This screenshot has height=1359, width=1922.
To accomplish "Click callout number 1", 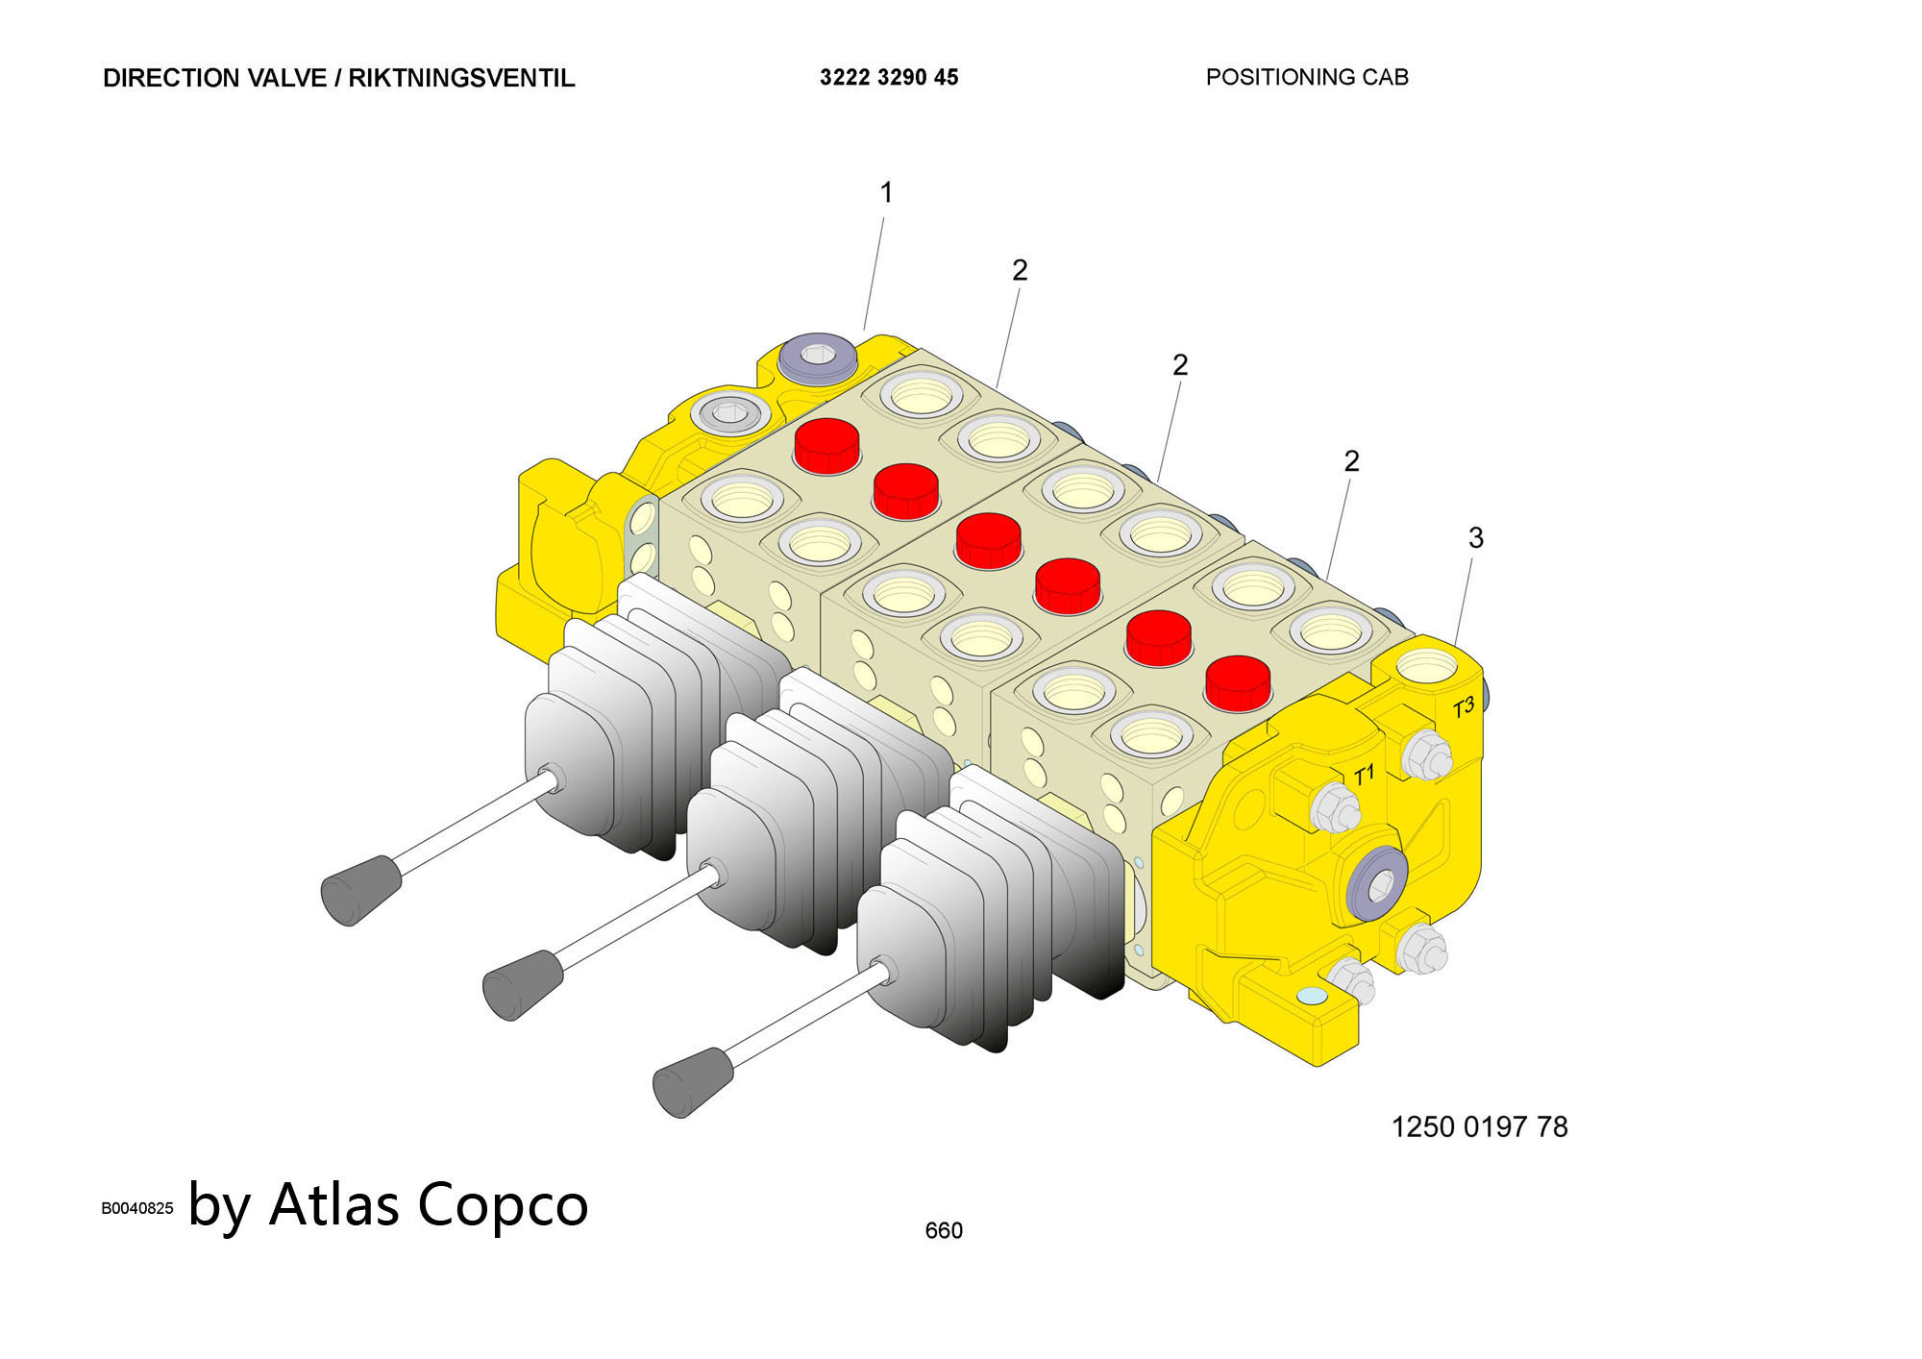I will click(886, 193).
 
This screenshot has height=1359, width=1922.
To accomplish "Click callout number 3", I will click(1476, 538).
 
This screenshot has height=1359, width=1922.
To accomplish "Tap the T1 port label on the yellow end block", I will click(1364, 775).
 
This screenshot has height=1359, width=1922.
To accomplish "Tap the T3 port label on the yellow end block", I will click(1463, 708).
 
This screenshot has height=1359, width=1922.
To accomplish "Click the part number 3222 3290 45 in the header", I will click(889, 78).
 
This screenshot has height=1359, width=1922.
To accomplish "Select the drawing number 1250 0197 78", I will click(1479, 1126).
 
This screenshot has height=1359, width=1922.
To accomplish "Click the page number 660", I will click(943, 1230).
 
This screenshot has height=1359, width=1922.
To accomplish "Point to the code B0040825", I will click(137, 1208).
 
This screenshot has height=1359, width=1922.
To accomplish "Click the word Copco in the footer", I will click(503, 1204).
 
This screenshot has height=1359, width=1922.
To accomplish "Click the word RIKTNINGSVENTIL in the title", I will click(461, 78).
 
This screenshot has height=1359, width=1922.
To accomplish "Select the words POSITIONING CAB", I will click(1307, 77).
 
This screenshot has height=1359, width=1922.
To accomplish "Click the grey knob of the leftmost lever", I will click(359, 890).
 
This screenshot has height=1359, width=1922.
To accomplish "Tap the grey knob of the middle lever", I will click(522, 984).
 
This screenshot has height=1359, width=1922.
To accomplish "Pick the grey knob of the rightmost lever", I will click(692, 1082).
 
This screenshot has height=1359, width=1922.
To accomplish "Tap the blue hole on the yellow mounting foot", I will click(1310, 997).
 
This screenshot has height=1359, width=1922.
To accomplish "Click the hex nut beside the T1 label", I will click(1335, 808).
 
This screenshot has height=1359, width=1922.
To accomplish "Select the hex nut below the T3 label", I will click(1426, 754).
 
